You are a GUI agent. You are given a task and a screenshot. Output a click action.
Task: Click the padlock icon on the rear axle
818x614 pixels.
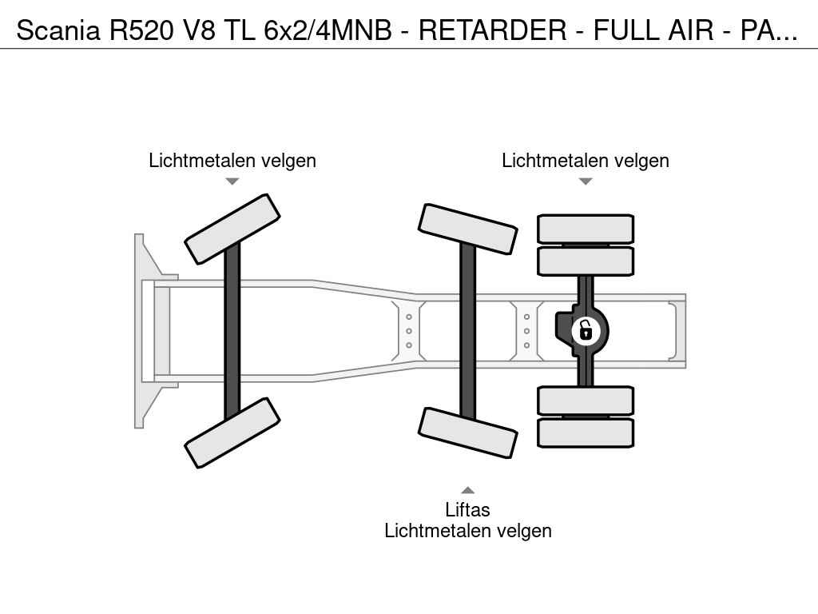586,331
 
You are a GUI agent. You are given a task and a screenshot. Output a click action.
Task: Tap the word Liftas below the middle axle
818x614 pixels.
467,509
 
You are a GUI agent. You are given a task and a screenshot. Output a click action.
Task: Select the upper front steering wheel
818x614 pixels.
232,229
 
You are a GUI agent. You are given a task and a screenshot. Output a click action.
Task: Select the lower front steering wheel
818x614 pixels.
232,433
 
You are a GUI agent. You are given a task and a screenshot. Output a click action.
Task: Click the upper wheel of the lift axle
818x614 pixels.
468,229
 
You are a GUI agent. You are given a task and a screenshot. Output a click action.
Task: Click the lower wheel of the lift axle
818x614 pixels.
468,433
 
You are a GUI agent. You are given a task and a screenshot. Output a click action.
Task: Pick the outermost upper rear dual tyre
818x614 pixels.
586,229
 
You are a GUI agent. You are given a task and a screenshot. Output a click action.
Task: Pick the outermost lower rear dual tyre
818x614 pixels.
586,433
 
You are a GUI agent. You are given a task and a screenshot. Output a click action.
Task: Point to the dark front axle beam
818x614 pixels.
232,331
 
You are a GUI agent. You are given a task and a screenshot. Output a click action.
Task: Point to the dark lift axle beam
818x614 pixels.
468,331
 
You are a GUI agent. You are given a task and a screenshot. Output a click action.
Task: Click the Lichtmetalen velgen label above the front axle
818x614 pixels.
232,160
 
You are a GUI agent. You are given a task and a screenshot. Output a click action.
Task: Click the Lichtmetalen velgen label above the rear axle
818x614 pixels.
586,160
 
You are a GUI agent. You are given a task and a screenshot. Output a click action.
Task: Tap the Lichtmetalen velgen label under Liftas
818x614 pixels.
468,531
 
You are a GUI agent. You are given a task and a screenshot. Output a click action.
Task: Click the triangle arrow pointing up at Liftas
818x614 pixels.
467,490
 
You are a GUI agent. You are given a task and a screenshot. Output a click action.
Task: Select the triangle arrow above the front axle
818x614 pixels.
232,181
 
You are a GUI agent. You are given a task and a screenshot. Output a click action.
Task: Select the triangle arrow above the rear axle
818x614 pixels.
586,181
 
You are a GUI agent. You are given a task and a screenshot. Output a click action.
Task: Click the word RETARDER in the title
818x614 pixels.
492,30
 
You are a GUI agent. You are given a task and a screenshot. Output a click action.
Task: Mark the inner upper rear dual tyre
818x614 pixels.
586,261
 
